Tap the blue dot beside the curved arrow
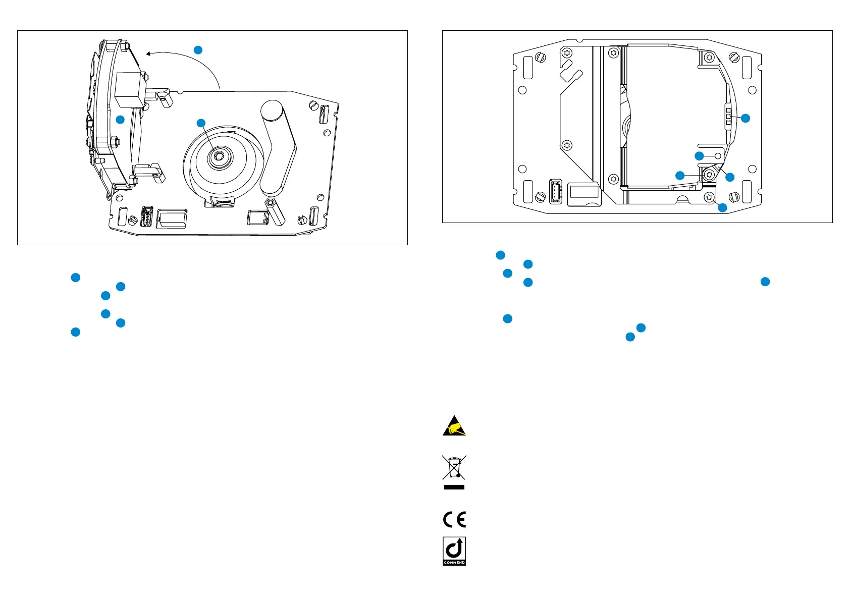point(198,49)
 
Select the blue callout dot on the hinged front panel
point(120,120)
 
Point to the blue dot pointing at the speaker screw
point(201,123)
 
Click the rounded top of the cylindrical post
point(272,109)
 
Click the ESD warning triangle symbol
point(454,426)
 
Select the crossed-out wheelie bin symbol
point(454,467)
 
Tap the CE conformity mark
point(454,519)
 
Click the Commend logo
point(454,551)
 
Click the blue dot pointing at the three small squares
point(745,118)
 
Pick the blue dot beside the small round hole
point(699,156)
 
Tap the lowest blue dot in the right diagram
point(723,207)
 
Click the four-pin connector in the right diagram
point(555,191)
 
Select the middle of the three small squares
point(728,117)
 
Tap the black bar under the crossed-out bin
point(454,487)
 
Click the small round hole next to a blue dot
point(719,156)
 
